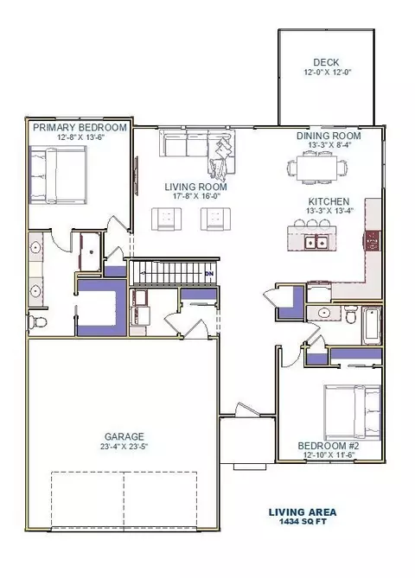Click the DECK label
326,62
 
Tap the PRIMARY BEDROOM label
80,128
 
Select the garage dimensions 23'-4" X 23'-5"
124,447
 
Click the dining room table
317,168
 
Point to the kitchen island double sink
316,242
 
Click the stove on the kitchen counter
373,241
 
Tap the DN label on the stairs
208,274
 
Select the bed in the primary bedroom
58,175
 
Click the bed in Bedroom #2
352,412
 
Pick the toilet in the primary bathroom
37,322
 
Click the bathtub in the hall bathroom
371,325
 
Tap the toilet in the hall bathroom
350,314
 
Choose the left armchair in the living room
166,219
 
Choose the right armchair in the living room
215,219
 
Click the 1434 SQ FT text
303,521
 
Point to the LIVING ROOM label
196,187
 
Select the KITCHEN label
329,201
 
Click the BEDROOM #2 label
329,446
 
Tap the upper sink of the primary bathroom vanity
35,247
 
